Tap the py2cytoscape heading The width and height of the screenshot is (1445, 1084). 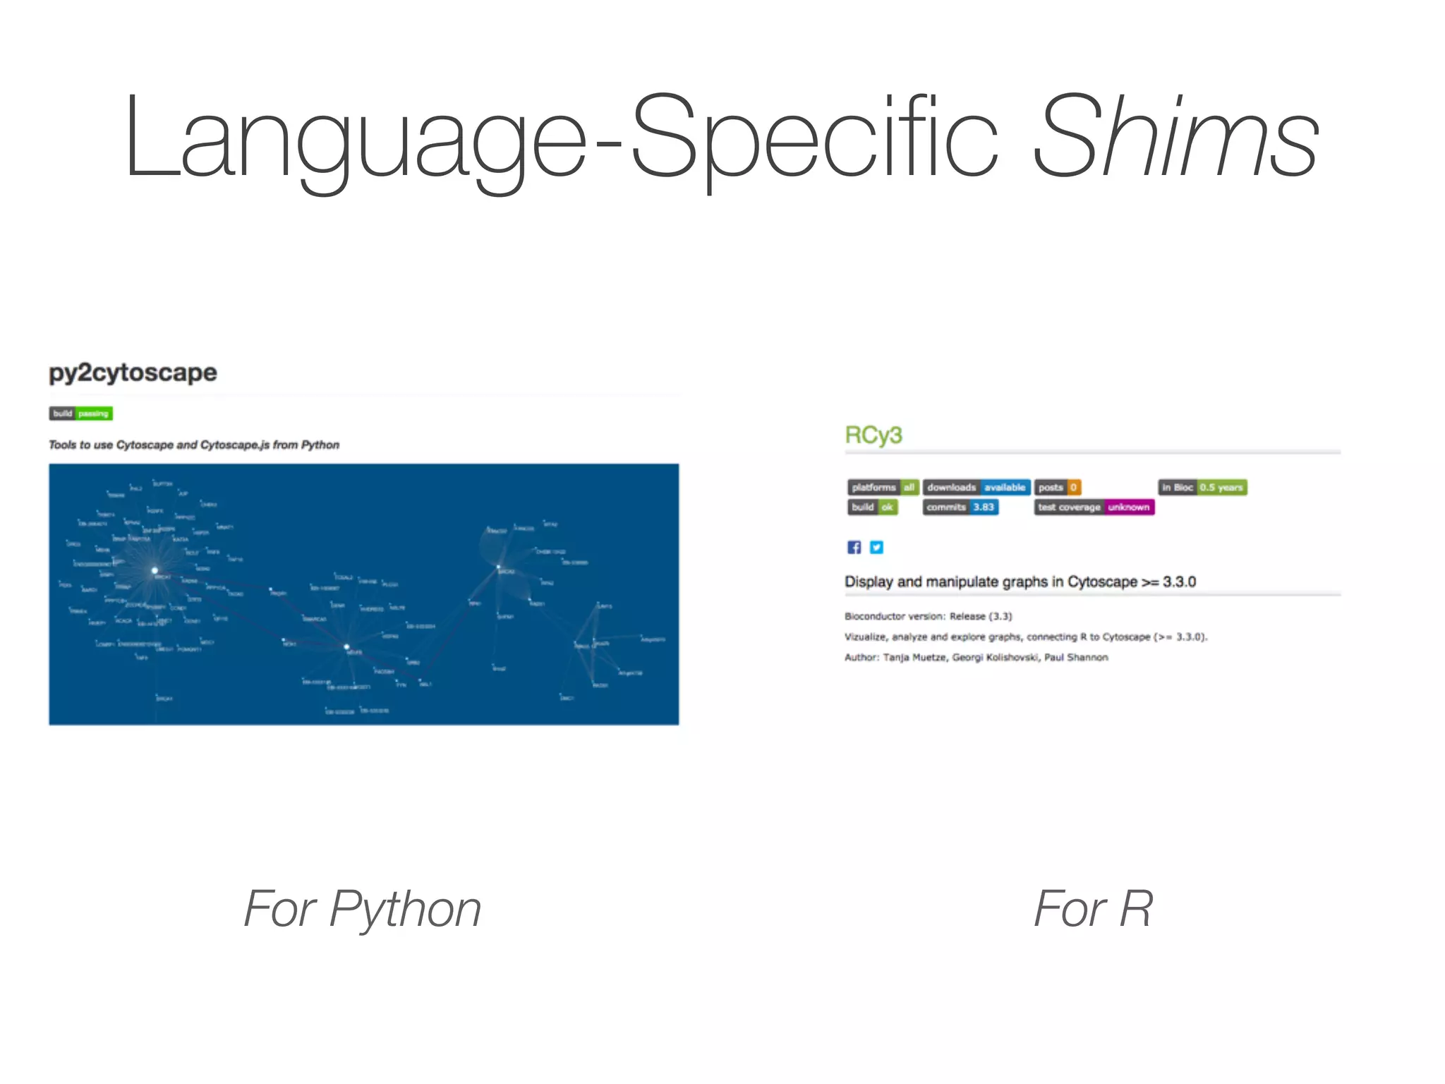click(x=133, y=372)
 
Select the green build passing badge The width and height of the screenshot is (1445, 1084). click(x=81, y=414)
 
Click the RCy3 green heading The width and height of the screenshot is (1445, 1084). click(x=873, y=435)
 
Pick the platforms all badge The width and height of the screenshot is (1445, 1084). click(x=883, y=487)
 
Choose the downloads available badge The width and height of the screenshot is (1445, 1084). click(x=977, y=487)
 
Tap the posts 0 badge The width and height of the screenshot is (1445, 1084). click(x=1058, y=487)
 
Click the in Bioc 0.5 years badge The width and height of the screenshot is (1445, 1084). click(x=1202, y=487)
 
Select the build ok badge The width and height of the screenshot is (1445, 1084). click(x=873, y=507)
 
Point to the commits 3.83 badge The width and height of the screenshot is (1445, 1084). click(x=960, y=507)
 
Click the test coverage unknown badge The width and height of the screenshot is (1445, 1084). click(x=1094, y=507)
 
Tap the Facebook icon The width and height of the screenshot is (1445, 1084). click(x=854, y=547)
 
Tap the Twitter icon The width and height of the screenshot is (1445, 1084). click(x=876, y=547)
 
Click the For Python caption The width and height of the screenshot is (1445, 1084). click(x=362, y=909)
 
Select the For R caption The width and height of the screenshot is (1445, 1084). click(x=1093, y=909)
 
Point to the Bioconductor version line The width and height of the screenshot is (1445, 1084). click(x=928, y=616)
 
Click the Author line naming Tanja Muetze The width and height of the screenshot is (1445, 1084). click(x=976, y=657)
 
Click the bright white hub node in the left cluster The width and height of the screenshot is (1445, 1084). click(x=155, y=570)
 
